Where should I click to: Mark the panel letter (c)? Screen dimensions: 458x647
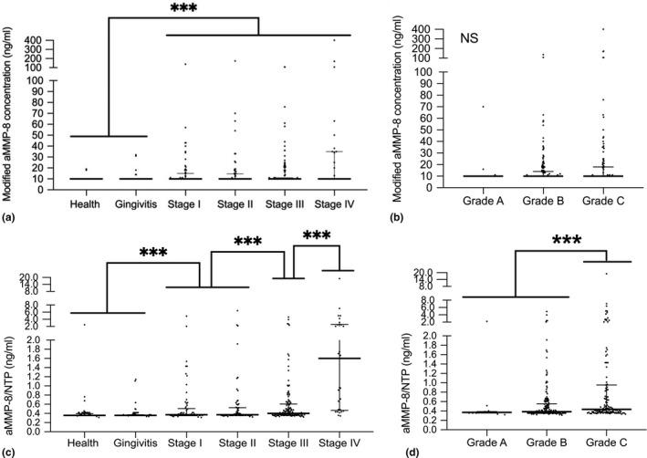(9, 453)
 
